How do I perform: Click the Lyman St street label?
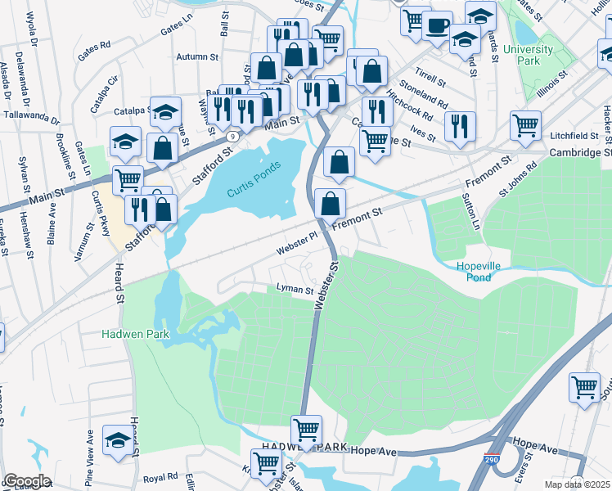(x=295, y=290)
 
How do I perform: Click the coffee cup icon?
(x=437, y=24)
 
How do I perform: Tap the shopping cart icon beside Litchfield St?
(x=525, y=125)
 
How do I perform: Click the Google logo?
(x=27, y=480)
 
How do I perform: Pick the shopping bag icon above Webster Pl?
(x=330, y=204)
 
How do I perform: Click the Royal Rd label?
(x=160, y=477)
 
